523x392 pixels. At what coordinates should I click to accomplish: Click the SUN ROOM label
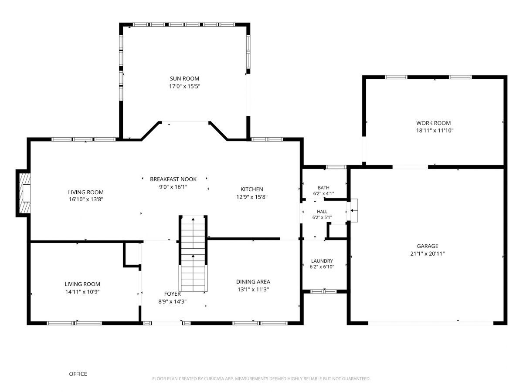click(x=184, y=78)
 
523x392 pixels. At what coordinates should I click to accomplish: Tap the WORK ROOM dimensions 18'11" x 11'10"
click(x=435, y=130)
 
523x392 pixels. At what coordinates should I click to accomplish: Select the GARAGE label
click(x=428, y=246)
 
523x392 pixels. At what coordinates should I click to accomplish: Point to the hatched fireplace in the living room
click(x=25, y=193)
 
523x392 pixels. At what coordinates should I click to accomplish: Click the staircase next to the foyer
click(x=193, y=253)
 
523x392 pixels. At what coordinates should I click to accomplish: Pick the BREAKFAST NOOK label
click(x=173, y=179)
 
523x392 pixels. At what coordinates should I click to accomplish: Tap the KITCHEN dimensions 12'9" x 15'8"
click(x=252, y=197)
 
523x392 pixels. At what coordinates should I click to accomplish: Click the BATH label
click(x=323, y=188)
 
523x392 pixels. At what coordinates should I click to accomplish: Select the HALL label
click(x=322, y=212)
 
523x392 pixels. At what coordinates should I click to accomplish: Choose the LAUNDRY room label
click(x=322, y=261)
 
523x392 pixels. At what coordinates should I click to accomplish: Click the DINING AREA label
click(x=253, y=282)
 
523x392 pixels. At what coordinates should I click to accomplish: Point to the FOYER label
click(x=172, y=294)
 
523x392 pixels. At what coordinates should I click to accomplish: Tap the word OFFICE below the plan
click(x=78, y=374)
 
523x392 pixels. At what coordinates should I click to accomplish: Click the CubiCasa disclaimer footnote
click(x=261, y=378)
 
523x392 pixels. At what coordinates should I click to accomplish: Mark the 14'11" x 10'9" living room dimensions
click(x=82, y=292)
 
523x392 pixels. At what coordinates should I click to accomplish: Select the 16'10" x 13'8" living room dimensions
click(x=86, y=199)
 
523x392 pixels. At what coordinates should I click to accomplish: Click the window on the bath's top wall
click(x=336, y=167)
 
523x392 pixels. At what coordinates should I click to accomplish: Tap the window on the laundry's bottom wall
click(x=323, y=291)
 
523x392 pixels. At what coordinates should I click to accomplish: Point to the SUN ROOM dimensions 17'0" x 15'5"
click(x=184, y=86)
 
